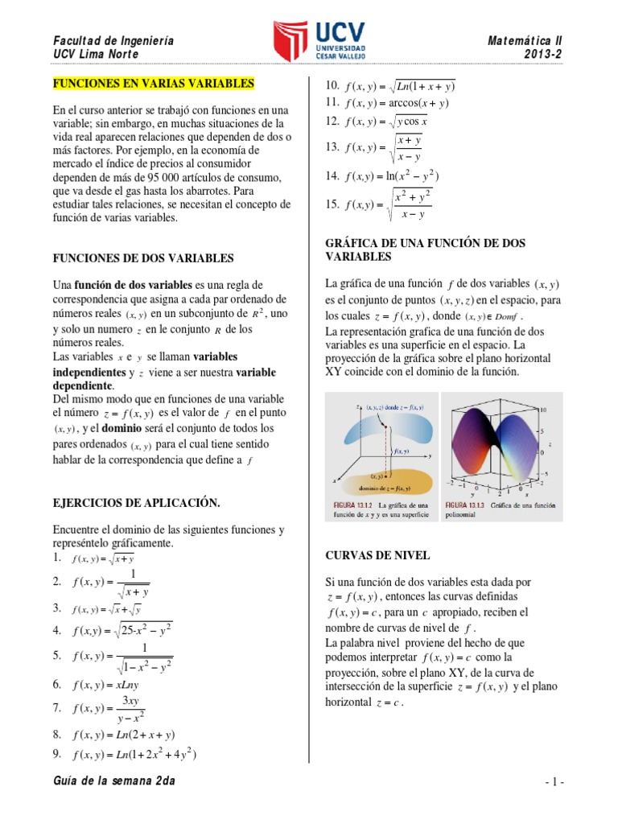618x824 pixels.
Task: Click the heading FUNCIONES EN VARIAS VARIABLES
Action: pos(153,83)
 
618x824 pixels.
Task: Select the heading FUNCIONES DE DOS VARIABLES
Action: pos(143,258)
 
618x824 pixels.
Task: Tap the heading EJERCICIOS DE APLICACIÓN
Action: pos(136,502)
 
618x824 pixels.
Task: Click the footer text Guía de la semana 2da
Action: pos(113,781)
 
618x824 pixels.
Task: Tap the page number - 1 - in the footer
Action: pos(554,782)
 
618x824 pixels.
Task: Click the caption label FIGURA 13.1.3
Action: pos(467,504)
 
